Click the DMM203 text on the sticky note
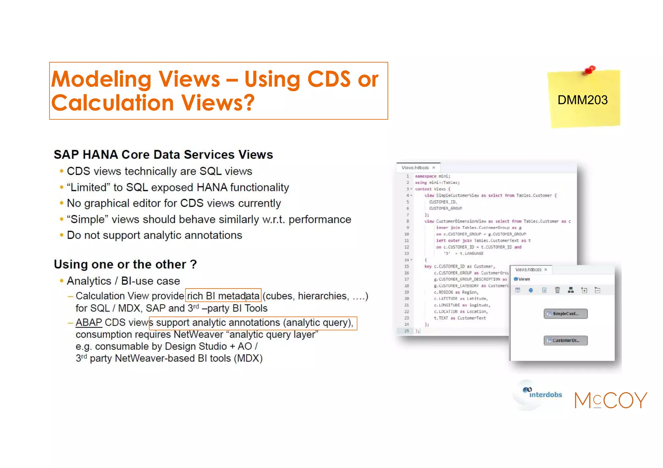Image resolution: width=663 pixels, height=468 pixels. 582,100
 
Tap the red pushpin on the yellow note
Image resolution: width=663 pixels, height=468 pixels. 590,70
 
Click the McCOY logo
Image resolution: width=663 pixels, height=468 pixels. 611,400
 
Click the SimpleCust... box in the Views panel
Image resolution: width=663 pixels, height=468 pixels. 565,313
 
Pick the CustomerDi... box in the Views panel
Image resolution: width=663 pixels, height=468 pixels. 565,340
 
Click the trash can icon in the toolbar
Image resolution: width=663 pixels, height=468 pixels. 557,290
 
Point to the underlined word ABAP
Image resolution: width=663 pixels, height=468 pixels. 89,322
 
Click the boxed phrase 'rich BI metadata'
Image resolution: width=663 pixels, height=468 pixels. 223,296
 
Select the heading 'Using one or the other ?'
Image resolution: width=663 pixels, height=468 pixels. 125,264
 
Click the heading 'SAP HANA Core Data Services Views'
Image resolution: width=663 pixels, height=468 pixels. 163,155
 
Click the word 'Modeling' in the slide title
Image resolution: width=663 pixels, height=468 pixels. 101,79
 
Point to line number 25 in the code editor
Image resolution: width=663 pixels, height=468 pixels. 407,331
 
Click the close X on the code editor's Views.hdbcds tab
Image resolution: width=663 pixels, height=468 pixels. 434,168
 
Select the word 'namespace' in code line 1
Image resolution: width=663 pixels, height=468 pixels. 426,176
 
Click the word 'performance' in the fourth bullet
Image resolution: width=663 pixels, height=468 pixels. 320,219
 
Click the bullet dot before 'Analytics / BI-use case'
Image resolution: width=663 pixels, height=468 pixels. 62,281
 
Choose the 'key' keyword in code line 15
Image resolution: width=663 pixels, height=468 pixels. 428,267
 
